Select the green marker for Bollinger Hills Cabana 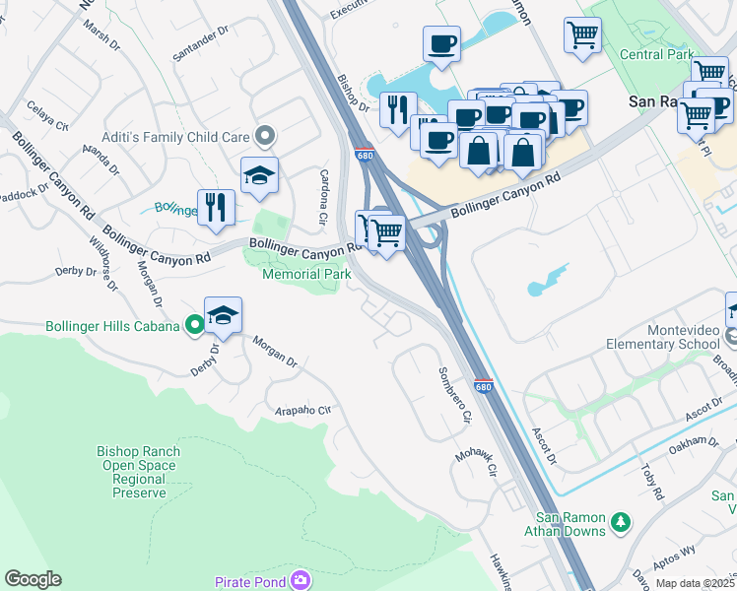pyautogui.click(x=195, y=324)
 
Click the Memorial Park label pyautogui.click(x=306, y=274)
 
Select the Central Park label pyautogui.click(x=657, y=55)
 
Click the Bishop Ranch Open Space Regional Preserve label pyautogui.click(x=138, y=472)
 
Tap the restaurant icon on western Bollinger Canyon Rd pyautogui.click(x=216, y=207)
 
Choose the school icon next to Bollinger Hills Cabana pyautogui.click(x=224, y=316)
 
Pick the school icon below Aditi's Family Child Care pyautogui.click(x=260, y=176)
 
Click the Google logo pyautogui.click(x=33, y=579)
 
